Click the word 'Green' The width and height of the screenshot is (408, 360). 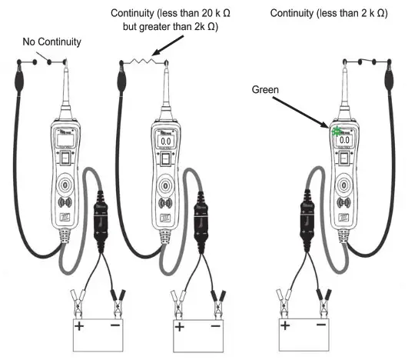(265, 90)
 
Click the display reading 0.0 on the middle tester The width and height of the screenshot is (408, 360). (164, 141)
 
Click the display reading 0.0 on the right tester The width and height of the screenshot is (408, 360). (344, 139)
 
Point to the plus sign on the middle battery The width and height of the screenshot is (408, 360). (180, 327)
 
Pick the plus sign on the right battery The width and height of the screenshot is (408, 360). (285, 326)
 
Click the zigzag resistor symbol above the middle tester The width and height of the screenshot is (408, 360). (144, 57)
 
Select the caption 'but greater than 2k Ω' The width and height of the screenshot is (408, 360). (171, 27)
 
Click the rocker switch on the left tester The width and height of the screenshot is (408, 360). (67, 159)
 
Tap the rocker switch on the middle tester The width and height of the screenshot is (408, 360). (164, 160)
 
